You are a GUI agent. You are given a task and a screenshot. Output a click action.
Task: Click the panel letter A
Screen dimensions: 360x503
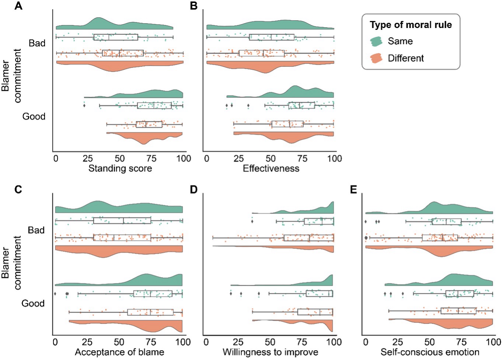point(18,6)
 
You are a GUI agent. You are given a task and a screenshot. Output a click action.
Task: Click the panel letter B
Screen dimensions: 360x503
point(194,6)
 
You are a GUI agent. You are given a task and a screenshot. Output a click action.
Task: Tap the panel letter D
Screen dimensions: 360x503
point(194,190)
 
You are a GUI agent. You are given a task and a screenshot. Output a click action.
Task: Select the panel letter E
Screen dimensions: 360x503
point(353,190)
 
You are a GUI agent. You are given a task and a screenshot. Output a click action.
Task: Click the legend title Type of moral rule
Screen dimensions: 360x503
point(411,25)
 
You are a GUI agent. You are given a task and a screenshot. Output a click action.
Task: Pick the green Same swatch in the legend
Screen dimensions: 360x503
point(376,41)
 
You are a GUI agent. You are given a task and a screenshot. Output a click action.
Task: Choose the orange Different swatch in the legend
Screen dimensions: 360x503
point(376,58)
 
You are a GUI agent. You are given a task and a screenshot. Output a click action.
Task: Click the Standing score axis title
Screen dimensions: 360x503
point(120,168)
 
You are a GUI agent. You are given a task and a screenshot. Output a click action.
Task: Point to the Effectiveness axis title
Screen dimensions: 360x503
point(271,168)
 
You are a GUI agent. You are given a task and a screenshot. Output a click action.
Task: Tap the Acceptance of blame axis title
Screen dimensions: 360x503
point(119,352)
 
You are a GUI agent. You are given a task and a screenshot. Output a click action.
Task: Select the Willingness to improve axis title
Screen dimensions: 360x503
point(270,352)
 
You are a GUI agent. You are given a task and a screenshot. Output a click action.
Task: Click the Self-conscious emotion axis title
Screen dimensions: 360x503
point(430,352)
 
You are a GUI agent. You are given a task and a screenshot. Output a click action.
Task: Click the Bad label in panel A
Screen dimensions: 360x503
point(37,43)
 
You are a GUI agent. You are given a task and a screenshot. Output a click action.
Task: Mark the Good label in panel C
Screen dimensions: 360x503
point(33,303)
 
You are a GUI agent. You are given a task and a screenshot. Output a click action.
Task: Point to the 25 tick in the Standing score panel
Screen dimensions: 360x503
point(88,158)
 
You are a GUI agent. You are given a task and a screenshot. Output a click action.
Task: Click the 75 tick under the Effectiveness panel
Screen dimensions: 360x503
point(303,158)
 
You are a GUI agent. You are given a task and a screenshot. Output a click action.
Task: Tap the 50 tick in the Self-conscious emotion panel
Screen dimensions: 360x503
point(429,342)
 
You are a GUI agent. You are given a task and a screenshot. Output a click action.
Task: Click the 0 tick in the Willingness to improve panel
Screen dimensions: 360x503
point(206,342)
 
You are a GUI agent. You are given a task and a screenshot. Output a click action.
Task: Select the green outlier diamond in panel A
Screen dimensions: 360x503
point(84,106)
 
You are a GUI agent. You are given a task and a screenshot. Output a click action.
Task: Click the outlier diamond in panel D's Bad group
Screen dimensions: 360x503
point(252,221)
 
